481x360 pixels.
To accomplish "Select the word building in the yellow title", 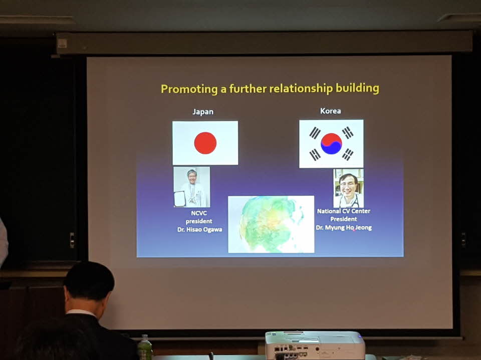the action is (357, 88).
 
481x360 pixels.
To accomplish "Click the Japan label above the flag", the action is (203, 112).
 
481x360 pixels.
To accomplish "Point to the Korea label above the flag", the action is (330, 111).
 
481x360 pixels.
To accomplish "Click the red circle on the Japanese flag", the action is (205, 143).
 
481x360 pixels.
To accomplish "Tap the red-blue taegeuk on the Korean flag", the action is (331, 143).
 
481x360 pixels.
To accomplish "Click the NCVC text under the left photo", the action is (199, 213).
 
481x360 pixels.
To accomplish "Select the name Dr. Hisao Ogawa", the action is (200, 229).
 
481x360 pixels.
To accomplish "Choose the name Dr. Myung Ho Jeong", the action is (344, 227).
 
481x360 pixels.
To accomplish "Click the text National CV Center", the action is (344, 211).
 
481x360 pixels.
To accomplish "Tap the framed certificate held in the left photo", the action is (180, 199).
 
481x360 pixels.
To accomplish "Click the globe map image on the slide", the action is (271, 224).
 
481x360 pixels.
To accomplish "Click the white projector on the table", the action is (315, 345).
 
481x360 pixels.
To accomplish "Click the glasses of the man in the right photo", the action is (348, 185).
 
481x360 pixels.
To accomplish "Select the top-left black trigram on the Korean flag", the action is (315, 133).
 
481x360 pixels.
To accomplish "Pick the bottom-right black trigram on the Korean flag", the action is (348, 154).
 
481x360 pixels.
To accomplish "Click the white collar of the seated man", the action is (82, 313).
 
